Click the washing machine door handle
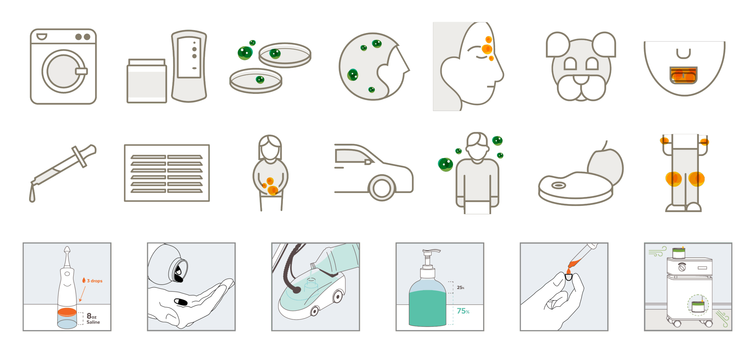(81, 71)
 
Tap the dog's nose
(581, 79)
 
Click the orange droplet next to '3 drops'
(84, 280)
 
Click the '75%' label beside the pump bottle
(463, 311)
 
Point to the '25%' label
(461, 287)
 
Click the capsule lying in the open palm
(181, 302)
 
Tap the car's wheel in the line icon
(381, 188)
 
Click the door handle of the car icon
(368, 162)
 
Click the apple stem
(605, 145)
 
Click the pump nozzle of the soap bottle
(431, 251)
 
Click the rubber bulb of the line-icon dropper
(89, 150)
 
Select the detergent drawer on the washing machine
(42, 37)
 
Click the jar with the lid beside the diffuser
(147, 81)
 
